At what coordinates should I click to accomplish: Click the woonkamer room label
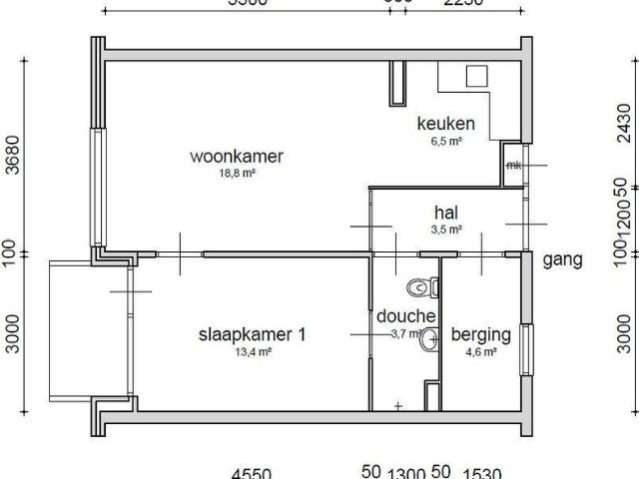point(238,157)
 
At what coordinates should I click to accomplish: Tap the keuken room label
point(445,125)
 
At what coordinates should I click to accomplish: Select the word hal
point(445,212)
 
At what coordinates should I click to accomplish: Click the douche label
point(406,316)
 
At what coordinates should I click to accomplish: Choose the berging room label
point(481,334)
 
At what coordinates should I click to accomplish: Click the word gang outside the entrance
point(562,260)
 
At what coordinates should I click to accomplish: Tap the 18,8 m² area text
point(238,173)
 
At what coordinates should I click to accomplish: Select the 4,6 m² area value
point(481,351)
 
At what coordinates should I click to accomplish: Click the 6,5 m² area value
point(445,142)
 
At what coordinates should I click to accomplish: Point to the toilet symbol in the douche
point(422,287)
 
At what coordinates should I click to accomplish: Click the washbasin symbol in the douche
point(429,340)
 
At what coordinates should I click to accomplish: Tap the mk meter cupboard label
point(513,165)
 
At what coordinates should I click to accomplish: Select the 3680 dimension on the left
point(13,154)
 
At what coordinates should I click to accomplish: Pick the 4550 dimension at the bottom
point(251,474)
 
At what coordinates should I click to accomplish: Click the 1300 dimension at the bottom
point(406,474)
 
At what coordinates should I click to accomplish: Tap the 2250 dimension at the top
point(462,3)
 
